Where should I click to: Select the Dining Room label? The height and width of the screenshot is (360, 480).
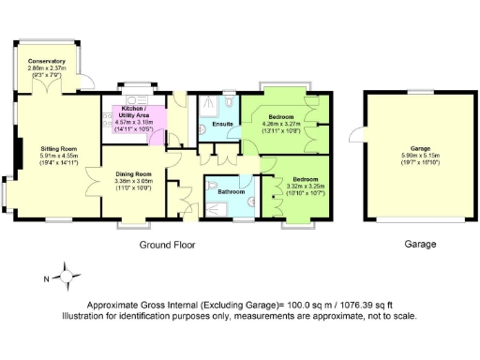[x=133, y=173]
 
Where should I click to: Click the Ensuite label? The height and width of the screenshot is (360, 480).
[x=223, y=123]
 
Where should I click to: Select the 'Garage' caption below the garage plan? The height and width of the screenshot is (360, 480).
[x=420, y=244]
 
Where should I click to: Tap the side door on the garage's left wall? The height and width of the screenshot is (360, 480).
[x=355, y=133]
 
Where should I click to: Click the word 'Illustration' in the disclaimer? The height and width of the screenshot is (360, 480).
[x=86, y=316]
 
